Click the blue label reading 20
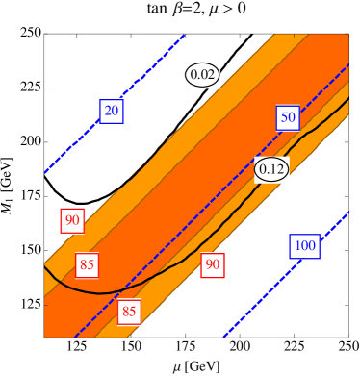[112, 111]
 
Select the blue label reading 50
[287, 117]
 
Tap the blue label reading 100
[304, 245]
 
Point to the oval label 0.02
[203, 74]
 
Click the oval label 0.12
[271, 170]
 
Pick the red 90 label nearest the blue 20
[72, 219]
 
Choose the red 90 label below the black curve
[212, 264]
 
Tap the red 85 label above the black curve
[88, 264]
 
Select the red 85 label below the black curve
[129, 311]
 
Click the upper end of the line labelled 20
[183, 37]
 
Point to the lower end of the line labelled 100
[224, 336]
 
